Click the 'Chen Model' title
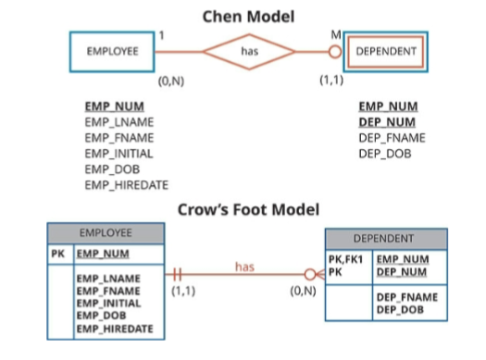coord(249,15)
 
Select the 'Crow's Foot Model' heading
coord(248,209)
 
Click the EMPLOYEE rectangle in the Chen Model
coord(113,52)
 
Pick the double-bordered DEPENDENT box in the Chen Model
coord(386,52)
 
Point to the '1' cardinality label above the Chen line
coord(161,35)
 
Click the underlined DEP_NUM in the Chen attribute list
coord(387,122)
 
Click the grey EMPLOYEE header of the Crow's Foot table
coord(106,232)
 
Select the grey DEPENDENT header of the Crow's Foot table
coord(383,238)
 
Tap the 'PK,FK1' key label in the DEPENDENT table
coord(346,260)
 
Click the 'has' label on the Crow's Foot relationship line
coord(244,267)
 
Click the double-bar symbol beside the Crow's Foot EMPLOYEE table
coord(175,275)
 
